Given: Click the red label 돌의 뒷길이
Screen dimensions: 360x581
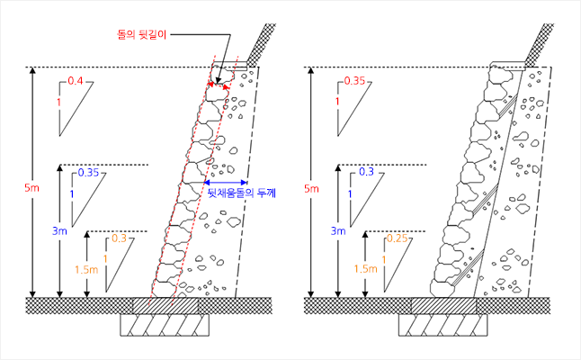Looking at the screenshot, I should click(x=142, y=33).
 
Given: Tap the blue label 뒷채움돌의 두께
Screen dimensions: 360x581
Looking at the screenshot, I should click(x=242, y=193).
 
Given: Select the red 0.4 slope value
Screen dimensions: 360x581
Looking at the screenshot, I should click(x=76, y=82).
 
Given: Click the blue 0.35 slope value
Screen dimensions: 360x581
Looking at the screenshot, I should click(x=89, y=172).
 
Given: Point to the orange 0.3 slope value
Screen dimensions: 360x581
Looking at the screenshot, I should click(x=118, y=238).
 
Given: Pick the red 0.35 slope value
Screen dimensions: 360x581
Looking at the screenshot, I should click(x=354, y=82).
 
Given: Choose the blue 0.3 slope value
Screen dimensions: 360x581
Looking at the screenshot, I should click(x=366, y=172).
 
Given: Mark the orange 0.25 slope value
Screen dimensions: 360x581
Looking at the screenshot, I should click(x=396, y=238).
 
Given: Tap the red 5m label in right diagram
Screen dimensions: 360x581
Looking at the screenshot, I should click(x=311, y=189).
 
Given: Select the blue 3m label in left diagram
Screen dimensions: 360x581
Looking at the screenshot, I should click(x=59, y=231).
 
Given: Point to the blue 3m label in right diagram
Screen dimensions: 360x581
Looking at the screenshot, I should click(x=338, y=231).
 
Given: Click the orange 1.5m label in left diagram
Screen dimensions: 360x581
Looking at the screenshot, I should click(x=86, y=268).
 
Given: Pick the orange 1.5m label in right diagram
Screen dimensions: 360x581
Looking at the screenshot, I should click(x=365, y=268).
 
